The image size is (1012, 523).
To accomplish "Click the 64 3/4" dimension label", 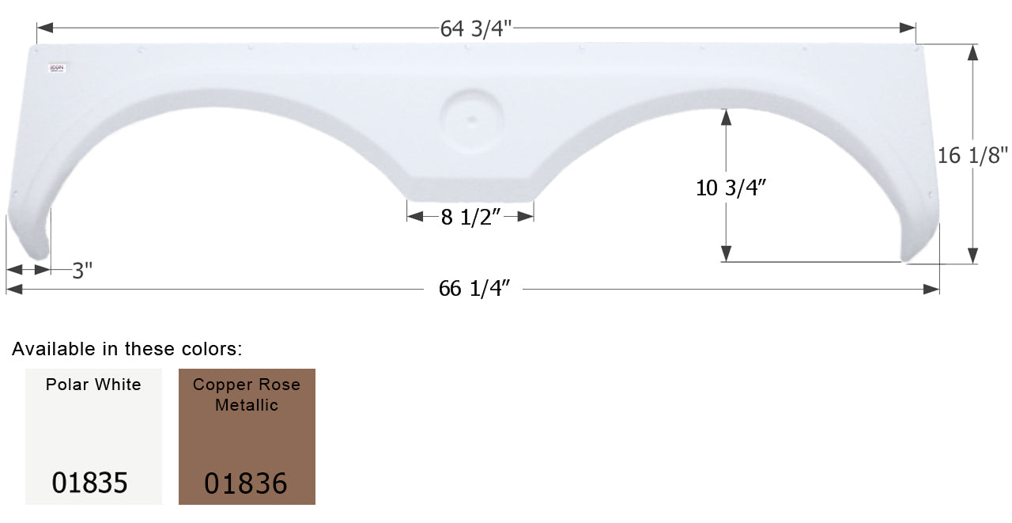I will point(476,28).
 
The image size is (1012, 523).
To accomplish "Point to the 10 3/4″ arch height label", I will point(732,188).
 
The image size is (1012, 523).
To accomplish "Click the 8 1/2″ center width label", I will point(471,218).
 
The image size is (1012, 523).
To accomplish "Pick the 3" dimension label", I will point(82,271).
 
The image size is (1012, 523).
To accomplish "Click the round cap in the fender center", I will point(471,120).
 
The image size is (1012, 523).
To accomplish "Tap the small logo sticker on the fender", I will point(58,69).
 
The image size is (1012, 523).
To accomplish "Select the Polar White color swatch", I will point(93,436).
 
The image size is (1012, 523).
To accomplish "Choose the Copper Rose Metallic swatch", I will point(247,436).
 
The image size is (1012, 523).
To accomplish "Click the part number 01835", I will point(90,482).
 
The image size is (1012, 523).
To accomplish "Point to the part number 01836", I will point(245,482).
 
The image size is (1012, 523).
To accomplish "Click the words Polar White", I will point(93,385).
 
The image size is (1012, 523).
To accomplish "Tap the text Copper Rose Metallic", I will point(247,394).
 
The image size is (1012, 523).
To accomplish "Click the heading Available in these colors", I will point(127,348).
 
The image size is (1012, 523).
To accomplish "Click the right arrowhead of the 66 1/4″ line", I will point(932,290).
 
